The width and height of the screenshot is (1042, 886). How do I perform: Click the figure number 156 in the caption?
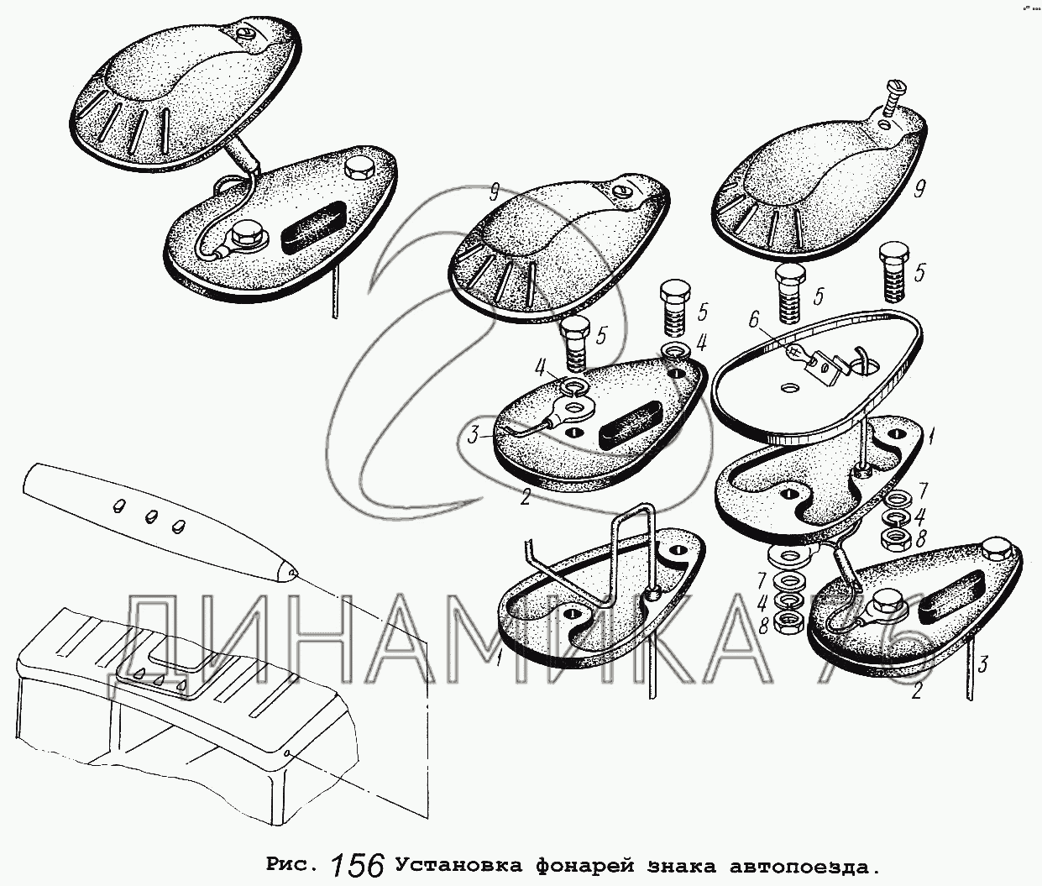click(x=358, y=865)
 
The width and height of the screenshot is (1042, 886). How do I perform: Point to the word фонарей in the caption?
click(x=582, y=867)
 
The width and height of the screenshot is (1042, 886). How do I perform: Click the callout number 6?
click(x=753, y=320)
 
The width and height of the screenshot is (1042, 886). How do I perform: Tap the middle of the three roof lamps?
click(x=151, y=516)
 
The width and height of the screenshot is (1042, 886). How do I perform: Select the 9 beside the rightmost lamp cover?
click(x=919, y=190)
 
